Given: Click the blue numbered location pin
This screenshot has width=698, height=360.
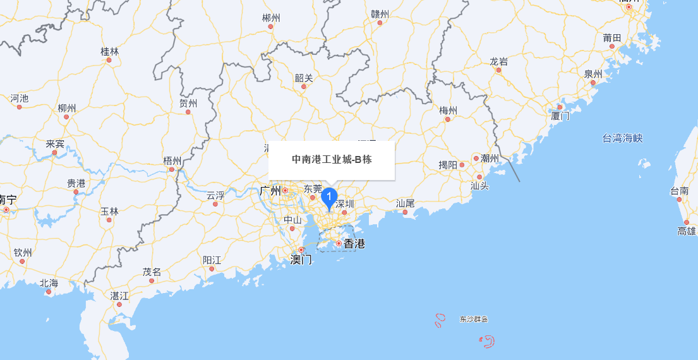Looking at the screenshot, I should [328, 198].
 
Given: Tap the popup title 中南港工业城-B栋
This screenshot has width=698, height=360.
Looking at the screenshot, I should [332, 160].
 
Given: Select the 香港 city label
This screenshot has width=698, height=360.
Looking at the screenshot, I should [354, 243].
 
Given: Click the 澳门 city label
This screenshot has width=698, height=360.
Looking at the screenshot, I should [301, 259].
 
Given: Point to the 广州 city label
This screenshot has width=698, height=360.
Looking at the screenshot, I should [270, 190].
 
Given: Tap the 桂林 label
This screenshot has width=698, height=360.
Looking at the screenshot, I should [109, 51].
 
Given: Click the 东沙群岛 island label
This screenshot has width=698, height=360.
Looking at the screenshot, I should [474, 320].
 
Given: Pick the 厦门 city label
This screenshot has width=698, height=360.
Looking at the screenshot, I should [560, 116].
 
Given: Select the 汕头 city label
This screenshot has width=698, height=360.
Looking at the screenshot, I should [479, 186].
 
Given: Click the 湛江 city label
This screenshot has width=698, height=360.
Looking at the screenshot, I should [119, 295].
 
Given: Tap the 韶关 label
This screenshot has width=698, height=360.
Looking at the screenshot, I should [303, 78].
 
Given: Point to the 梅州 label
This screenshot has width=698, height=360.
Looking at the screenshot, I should [448, 111].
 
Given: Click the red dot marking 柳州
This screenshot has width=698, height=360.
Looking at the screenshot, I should [66, 117].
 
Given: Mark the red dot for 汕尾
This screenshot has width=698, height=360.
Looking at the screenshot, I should [405, 212].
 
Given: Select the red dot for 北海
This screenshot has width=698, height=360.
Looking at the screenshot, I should [49, 292].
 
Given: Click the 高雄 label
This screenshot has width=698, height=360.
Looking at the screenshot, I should [686, 231].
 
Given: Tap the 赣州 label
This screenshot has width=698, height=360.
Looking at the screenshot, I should [380, 14].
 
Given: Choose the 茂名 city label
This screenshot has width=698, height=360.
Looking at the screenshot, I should [152, 272].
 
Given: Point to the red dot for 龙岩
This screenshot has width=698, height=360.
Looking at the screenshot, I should [498, 70].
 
